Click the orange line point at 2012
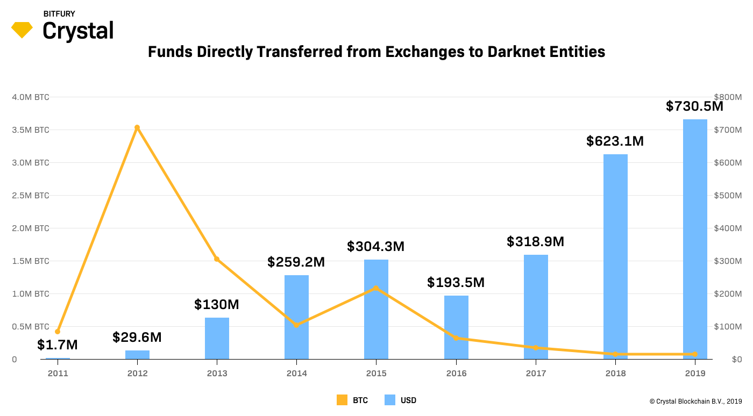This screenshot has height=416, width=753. click(x=137, y=127)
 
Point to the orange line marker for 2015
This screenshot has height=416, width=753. click(x=376, y=288)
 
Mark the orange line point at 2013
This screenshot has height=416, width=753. click(x=217, y=259)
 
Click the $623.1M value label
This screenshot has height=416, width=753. click(x=615, y=141)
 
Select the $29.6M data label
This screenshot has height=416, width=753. click(x=137, y=338)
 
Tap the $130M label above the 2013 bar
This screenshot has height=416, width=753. click(x=217, y=305)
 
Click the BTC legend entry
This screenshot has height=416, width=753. click(x=352, y=400)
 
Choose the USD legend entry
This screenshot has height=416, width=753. click(x=401, y=400)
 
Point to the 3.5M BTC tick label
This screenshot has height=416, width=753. click(x=31, y=130)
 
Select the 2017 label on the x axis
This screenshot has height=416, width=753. click(x=536, y=374)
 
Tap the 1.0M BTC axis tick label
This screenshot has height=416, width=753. click(x=31, y=294)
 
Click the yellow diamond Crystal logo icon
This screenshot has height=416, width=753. click(x=22, y=30)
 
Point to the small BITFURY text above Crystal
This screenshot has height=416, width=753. click(x=59, y=14)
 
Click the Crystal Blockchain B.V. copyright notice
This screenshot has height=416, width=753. click(x=695, y=401)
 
